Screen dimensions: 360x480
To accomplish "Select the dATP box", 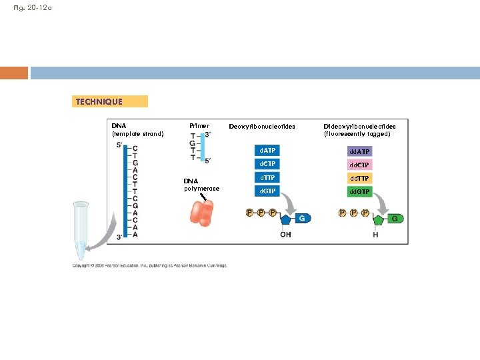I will click(x=268, y=151).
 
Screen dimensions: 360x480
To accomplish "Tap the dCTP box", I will click(x=268, y=164).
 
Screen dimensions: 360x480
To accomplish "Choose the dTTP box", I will click(x=268, y=177).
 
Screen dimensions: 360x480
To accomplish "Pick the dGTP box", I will click(x=268, y=191).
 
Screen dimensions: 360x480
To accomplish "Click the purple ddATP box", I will click(x=359, y=152).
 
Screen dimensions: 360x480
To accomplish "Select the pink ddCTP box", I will click(x=359, y=165).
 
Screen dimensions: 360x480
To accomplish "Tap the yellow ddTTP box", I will click(x=359, y=178).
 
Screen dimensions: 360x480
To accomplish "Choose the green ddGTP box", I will click(x=359, y=192).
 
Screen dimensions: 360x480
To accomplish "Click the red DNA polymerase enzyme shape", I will click(x=202, y=211).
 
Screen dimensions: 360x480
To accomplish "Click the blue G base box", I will click(x=302, y=218).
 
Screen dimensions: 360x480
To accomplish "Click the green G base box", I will click(x=395, y=219).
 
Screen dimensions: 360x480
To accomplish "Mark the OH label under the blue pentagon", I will click(x=285, y=235).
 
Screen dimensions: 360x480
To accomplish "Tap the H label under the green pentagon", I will click(x=376, y=235).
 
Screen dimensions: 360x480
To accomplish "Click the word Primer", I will click(x=199, y=125).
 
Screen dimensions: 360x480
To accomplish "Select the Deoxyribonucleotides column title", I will click(x=261, y=126).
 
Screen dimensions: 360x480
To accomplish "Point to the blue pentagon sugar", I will click(x=287, y=219).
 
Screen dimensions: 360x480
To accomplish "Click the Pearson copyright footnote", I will click(x=150, y=265).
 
